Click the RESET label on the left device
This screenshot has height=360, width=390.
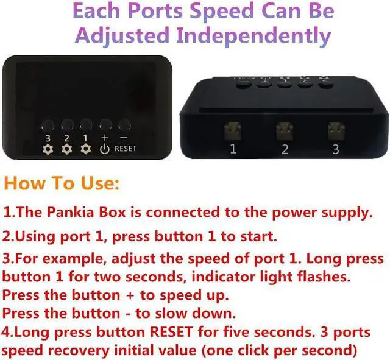pos(126,149)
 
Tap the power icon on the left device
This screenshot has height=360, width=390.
pos(105,148)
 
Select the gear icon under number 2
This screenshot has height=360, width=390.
pos(67,149)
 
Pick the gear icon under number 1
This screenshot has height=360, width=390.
pos(86,149)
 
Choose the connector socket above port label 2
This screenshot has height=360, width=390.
pos(284,130)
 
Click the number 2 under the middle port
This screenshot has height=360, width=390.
pos(285,150)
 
